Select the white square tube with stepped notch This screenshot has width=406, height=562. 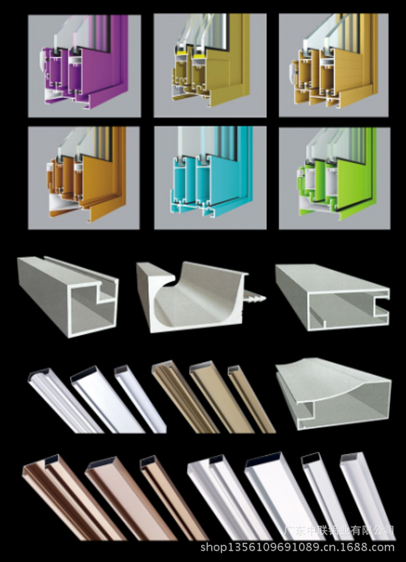68,297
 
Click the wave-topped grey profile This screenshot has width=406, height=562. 333,394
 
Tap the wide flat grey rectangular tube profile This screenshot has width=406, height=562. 331,297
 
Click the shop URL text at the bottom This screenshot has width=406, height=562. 297,547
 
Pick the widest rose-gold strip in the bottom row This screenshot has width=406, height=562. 131,498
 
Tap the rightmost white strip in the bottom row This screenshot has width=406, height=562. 367,497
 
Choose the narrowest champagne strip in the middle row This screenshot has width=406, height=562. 251,399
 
